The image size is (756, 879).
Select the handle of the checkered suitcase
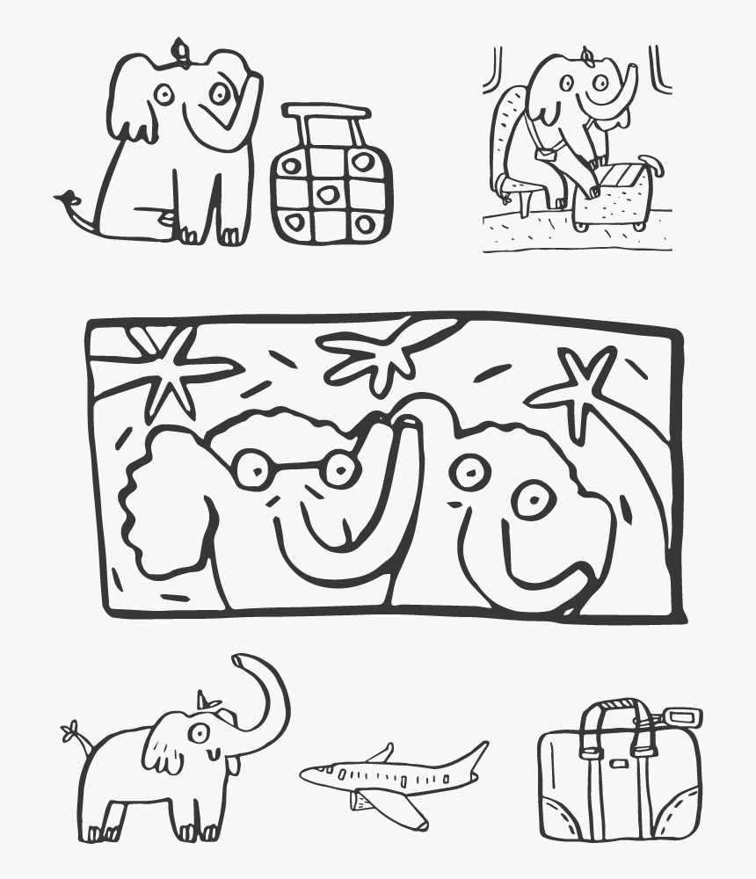pos(326,112)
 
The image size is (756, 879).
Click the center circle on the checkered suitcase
pos(328,194)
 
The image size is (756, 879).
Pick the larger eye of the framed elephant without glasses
pos(532,500)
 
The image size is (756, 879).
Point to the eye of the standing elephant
pos(200,732)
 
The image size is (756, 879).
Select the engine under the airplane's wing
pos(363,800)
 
